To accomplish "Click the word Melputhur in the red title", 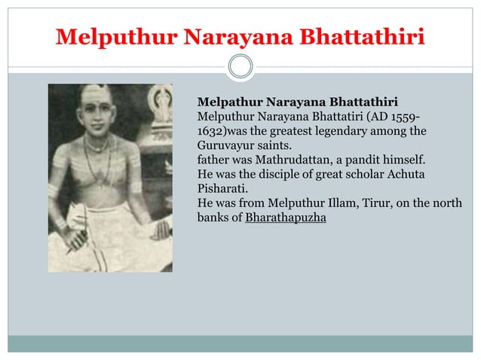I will (103, 36).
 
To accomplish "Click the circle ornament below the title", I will (240, 67).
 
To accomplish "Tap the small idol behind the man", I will (159, 102).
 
